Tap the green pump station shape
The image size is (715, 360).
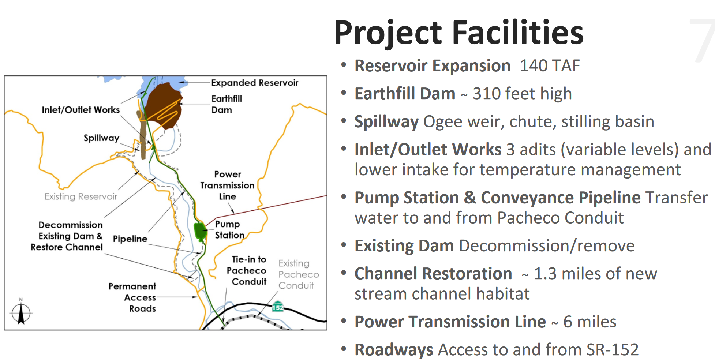click(200, 231)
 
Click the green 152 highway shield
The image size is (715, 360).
click(278, 307)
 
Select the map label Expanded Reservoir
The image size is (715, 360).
click(255, 83)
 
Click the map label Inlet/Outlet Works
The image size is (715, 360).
click(81, 110)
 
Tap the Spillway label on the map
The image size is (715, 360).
click(101, 138)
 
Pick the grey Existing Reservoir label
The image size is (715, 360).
click(81, 196)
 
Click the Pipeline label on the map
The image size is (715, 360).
click(130, 239)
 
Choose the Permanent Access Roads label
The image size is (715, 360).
click(132, 297)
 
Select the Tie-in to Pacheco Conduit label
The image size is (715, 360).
click(247, 270)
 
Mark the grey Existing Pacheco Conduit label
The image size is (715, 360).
click(299, 274)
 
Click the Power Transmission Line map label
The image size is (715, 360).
click(227, 185)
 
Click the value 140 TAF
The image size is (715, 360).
click(550, 66)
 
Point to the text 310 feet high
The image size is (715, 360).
click(522, 94)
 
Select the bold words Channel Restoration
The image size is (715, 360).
click(433, 274)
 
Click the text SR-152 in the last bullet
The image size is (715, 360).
click(613, 350)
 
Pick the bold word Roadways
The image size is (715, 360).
click(394, 350)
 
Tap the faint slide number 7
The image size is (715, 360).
click(702, 40)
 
